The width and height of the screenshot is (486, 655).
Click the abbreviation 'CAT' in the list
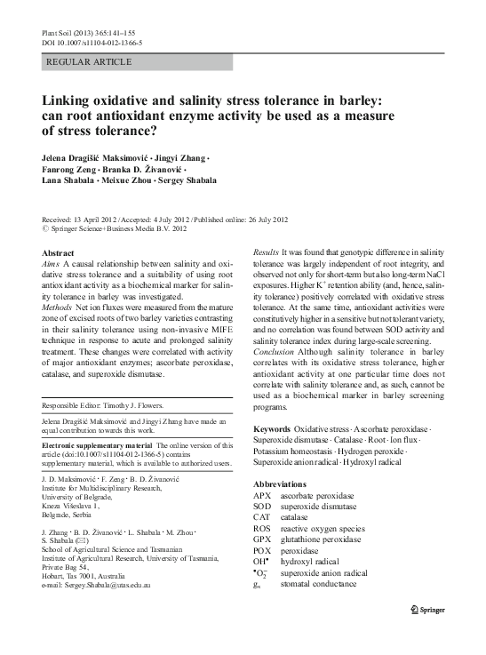pos(262,516)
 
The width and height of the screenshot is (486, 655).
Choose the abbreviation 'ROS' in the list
pos(262,527)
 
